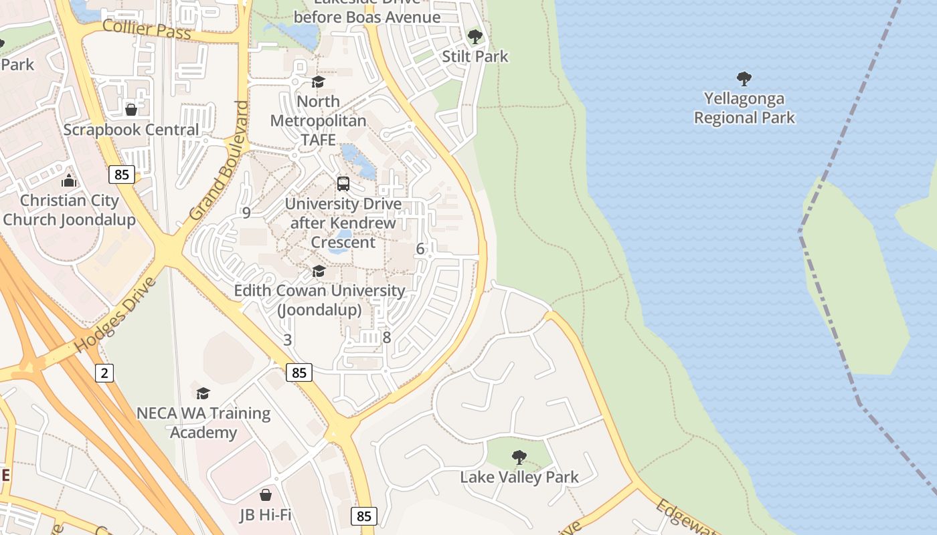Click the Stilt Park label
[475, 57]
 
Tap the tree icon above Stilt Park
[475, 37]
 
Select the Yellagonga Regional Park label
[744, 108]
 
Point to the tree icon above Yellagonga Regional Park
[744, 79]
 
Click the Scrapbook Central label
[131, 130]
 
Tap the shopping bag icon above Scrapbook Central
[131, 109]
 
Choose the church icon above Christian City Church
[69, 181]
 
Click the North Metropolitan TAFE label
[318, 120]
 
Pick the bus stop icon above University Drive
[343, 183]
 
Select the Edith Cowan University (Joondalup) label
[319, 300]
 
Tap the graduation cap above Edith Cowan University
[319, 271]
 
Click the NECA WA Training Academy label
[203, 423]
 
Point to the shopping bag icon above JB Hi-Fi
[266, 495]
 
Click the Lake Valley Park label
[519, 477]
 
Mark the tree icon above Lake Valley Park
[519, 457]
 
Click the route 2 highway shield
[104, 372]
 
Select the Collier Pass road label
[147, 29]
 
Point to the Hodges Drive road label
[115, 315]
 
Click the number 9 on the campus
[246, 213]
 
